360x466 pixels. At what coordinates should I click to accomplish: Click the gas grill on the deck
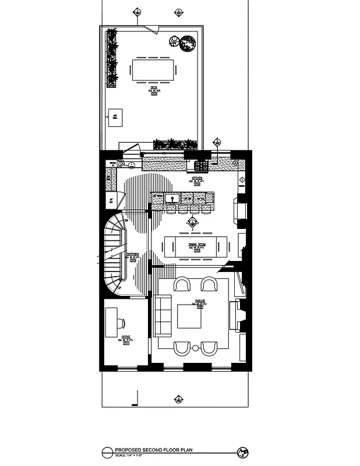tap(115, 119)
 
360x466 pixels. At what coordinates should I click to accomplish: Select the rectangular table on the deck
tap(154, 70)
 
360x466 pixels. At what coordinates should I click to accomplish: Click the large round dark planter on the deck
tap(188, 43)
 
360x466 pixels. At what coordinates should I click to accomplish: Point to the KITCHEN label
tap(197, 178)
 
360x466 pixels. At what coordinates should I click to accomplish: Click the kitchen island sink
tap(172, 199)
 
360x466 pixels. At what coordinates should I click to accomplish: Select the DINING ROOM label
tap(198, 244)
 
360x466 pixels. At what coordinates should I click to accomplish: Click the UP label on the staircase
tap(119, 287)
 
